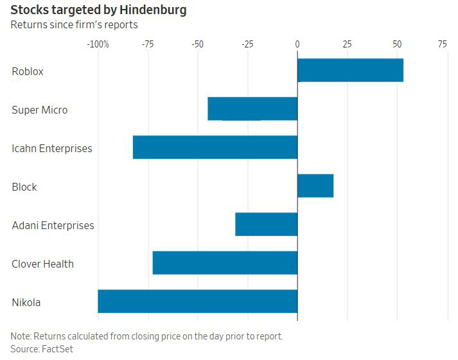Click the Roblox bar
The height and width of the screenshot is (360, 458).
click(350, 70)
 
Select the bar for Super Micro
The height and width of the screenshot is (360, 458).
click(252, 108)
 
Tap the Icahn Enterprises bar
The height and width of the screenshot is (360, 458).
click(215, 147)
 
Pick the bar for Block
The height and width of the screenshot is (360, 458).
click(315, 185)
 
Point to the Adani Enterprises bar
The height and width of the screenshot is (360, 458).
click(266, 224)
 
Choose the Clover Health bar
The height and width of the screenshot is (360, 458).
click(225, 262)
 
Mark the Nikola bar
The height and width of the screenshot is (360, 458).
click(197, 301)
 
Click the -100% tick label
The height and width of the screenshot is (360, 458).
click(98, 44)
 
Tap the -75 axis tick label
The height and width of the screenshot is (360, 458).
click(148, 44)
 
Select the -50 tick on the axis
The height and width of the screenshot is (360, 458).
click(197, 44)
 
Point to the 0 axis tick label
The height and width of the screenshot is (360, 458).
click(297, 44)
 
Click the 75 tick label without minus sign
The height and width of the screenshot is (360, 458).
click(443, 44)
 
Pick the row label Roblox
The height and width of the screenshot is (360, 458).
click(28, 71)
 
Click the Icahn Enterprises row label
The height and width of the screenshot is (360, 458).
click(52, 148)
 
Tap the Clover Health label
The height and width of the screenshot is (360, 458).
click(42, 264)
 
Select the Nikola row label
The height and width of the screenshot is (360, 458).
click(26, 302)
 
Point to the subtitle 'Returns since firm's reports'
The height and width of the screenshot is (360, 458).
click(74, 25)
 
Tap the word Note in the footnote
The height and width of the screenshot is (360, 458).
click(21, 336)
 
